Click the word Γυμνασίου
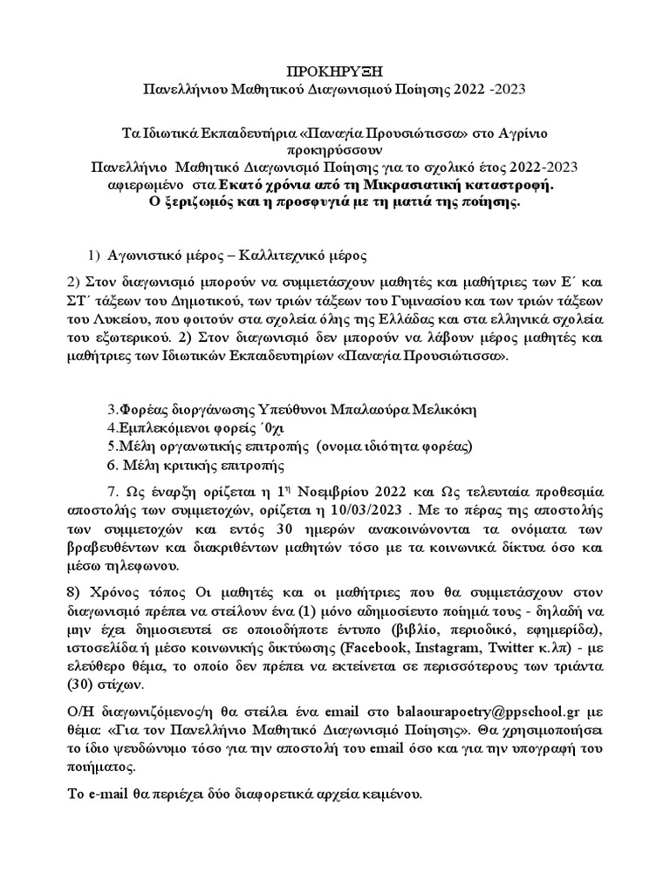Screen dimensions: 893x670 428,302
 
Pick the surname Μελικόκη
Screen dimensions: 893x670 435,410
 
